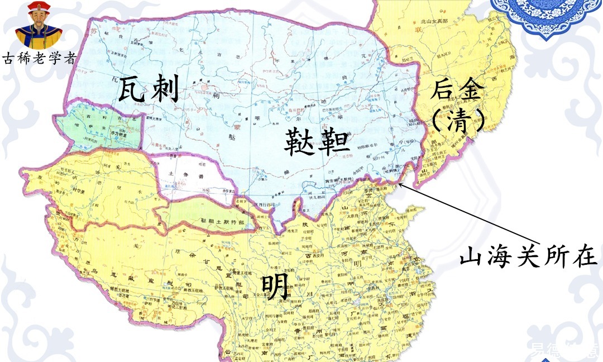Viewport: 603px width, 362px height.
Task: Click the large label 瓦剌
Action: pos(148,90)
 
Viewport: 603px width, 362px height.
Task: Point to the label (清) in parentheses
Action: pos(457,120)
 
